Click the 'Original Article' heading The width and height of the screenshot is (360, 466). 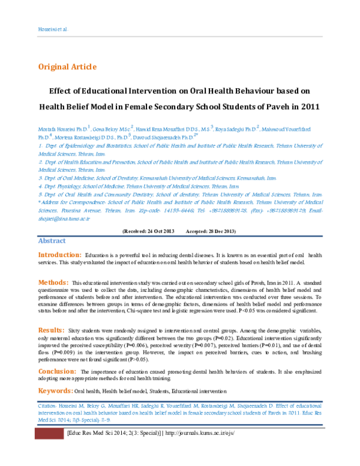tap(67, 67)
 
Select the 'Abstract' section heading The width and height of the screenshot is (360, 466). tap(52, 240)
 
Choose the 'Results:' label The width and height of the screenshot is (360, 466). tap(51, 330)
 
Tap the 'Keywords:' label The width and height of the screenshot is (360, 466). tap(55, 391)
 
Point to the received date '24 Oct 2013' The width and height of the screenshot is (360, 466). tap(158, 231)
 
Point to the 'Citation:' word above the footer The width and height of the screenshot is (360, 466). tap(40, 407)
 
